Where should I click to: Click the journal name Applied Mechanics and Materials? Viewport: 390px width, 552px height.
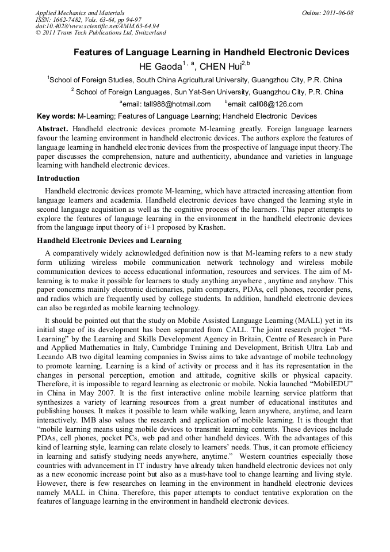tap(79, 13)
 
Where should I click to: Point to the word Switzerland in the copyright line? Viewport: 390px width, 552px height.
tap(150, 33)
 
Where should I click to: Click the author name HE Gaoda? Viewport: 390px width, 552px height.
tap(160, 66)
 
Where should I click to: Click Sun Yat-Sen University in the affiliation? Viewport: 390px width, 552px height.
tap(212, 92)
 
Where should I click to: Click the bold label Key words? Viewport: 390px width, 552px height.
tap(56, 116)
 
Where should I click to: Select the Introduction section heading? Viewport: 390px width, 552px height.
tap(58, 178)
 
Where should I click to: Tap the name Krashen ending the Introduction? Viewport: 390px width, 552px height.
tap(209, 227)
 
